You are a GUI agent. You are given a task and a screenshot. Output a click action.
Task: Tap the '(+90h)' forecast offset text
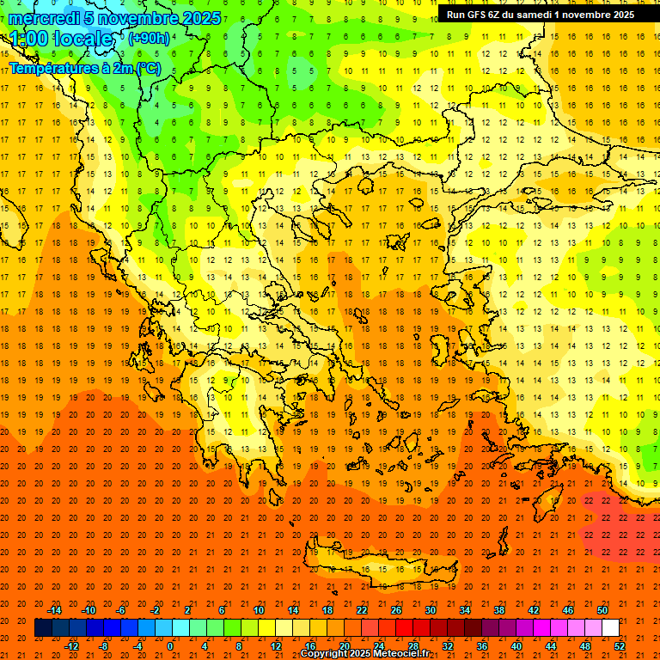pyautogui.click(x=149, y=38)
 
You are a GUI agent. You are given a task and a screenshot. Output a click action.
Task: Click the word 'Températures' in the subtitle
pyautogui.click(x=51, y=68)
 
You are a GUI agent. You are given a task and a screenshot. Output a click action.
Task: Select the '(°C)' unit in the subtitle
pyautogui.click(x=145, y=68)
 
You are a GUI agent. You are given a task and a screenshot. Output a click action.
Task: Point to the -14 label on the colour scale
pyautogui.click(x=54, y=610)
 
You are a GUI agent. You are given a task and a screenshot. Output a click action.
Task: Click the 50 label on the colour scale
pyautogui.click(x=602, y=610)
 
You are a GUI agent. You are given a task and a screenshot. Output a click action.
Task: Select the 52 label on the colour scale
pyautogui.click(x=620, y=646)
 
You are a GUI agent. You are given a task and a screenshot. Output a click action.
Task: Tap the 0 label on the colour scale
pyautogui.click(x=170, y=646)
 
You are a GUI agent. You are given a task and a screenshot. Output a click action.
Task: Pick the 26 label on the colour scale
pyautogui.click(x=396, y=610)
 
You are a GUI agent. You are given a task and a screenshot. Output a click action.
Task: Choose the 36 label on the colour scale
pyautogui.click(x=482, y=646)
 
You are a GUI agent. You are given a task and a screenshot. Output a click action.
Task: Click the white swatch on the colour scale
pyautogui.click(x=610, y=628)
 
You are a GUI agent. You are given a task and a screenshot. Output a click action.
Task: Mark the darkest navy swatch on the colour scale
pyautogui.click(x=43, y=628)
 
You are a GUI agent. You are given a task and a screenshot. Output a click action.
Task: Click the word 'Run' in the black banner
pyautogui.click(x=455, y=15)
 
